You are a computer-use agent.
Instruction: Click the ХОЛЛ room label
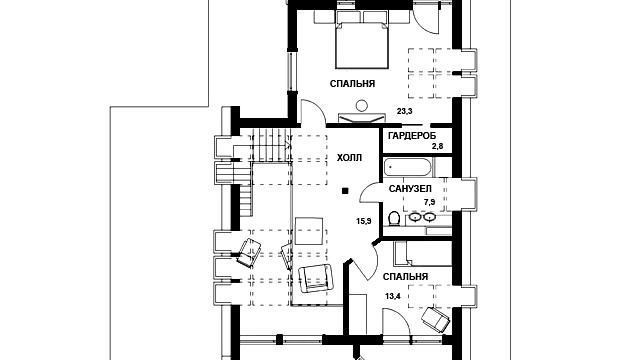click(x=349, y=158)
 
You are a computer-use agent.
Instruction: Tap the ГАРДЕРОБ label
click(x=412, y=136)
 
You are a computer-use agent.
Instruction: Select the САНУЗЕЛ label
click(x=410, y=189)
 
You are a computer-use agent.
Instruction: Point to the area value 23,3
click(x=404, y=111)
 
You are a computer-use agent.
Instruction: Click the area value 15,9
click(x=363, y=221)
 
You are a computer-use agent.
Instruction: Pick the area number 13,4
click(x=393, y=296)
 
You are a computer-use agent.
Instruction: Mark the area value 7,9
click(x=429, y=202)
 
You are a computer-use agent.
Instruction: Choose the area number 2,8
click(x=437, y=147)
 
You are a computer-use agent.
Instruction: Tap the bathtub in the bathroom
click(x=407, y=167)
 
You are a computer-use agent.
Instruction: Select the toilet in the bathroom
click(x=394, y=219)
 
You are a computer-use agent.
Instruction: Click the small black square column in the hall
click(x=345, y=190)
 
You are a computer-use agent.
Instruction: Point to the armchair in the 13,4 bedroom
click(x=435, y=318)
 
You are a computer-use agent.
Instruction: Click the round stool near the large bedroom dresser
click(x=361, y=106)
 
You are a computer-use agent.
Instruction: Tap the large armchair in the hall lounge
click(x=315, y=278)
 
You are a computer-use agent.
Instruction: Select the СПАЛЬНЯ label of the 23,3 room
click(x=352, y=84)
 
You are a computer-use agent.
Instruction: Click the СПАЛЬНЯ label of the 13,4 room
click(x=405, y=277)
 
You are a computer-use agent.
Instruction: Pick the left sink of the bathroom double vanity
click(x=415, y=217)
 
